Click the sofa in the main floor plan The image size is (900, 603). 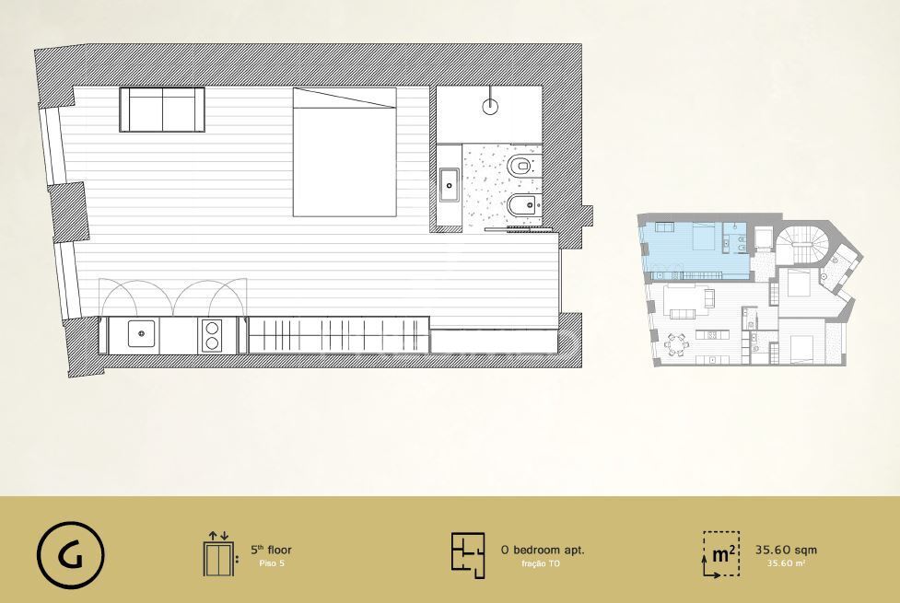tap(162, 110)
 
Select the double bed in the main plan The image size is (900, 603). tap(345, 152)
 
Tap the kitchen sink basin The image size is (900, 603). tap(141, 334)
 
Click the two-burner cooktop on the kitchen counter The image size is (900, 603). tap(212, 336)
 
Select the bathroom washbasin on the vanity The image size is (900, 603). tap(450, 185)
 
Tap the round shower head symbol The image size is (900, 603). tap(490, 106)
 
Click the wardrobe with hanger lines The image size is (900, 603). tap(339, 335)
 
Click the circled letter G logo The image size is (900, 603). tap(71, 555)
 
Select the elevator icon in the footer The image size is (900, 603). tap(218, 554)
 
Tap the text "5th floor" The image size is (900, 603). tap(271, 550)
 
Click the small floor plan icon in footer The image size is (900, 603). tap(468, 555)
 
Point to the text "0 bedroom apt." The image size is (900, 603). tap(543, 550)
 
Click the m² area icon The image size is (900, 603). tap(721, 554)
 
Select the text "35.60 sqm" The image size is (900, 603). tap(786, 550)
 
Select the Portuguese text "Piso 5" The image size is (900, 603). tap(272, 563)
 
